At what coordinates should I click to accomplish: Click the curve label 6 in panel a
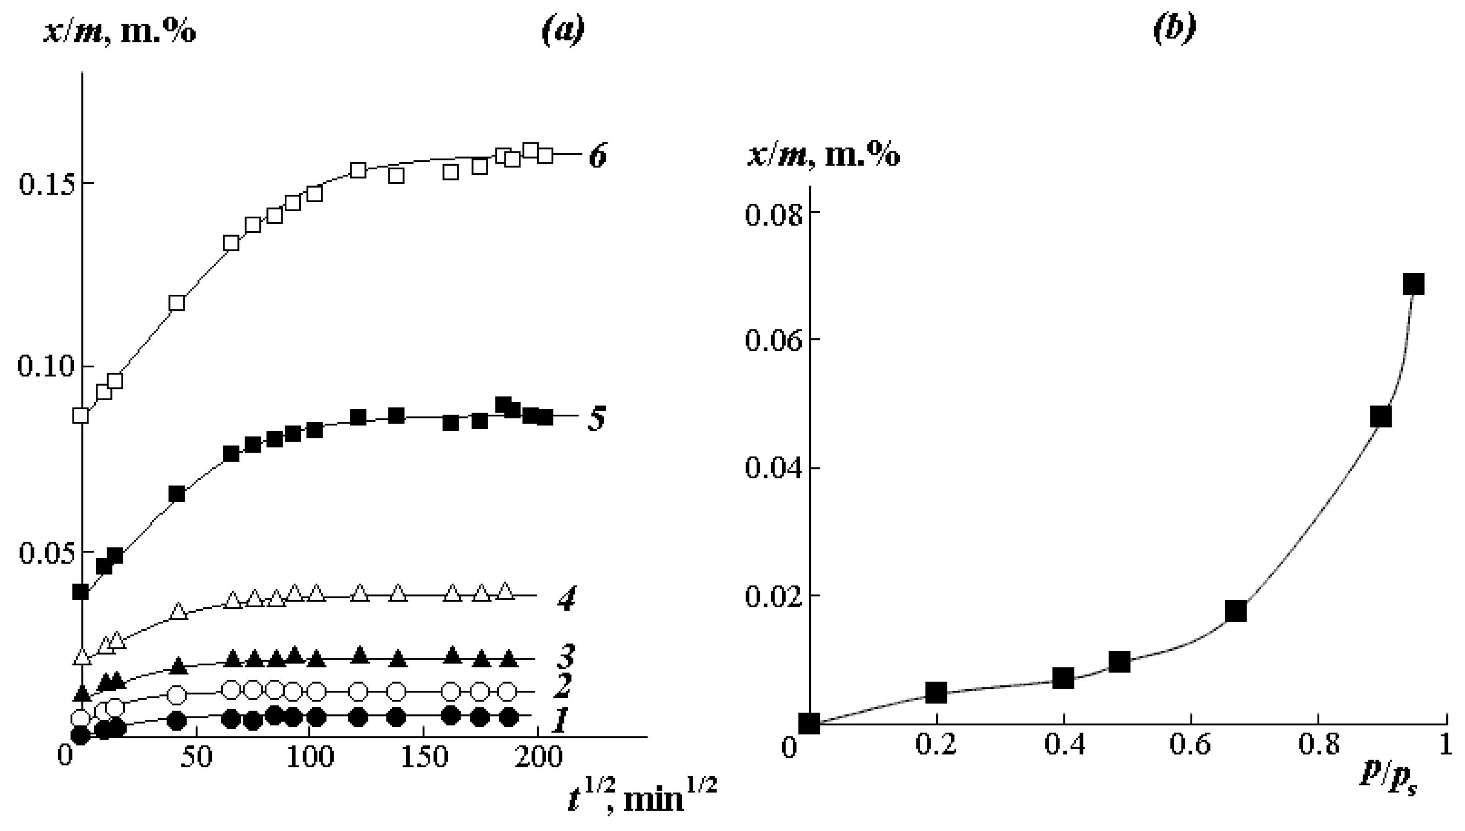[597, 155]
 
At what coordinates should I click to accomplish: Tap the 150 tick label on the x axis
[423, 758]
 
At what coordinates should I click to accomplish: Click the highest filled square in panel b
[1413, 284]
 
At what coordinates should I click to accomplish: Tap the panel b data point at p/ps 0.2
[935, 693]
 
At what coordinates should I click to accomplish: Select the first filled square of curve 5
[81, 592]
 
